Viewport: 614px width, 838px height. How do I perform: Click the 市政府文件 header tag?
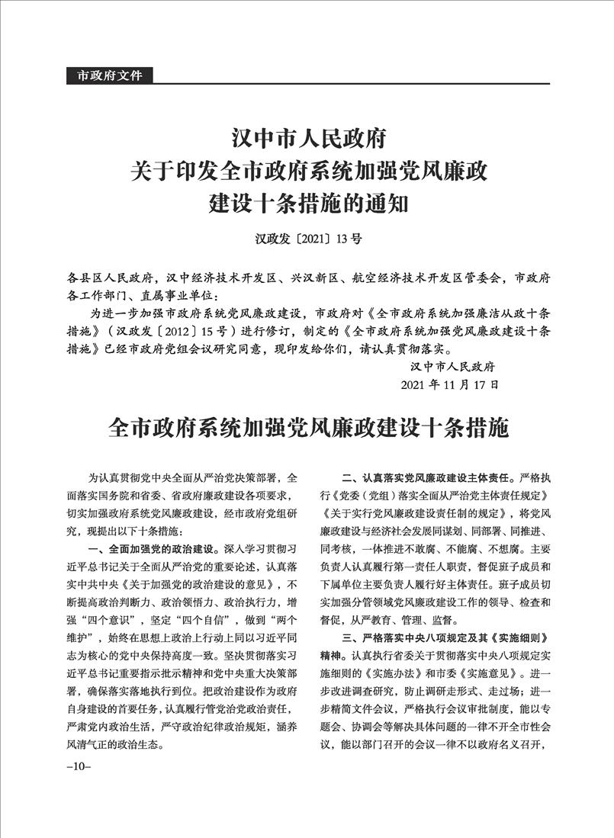pos(110,75)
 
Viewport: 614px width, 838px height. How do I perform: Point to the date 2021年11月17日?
pos(450,384)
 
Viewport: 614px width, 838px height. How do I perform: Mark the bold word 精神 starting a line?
pos(330,655)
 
